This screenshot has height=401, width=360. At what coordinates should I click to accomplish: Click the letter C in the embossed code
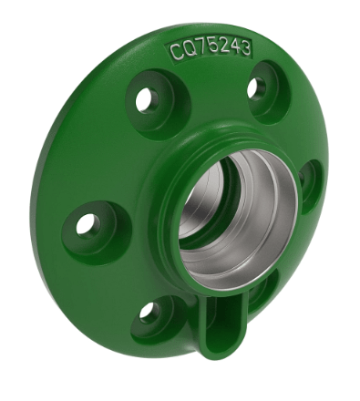pyautogui.click(x=177, y=52)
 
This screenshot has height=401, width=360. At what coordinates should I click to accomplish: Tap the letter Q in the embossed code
pyautogui.click(x=189, y=50)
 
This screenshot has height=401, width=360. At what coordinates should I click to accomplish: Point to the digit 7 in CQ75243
pyautogui.click(x=201, y=48)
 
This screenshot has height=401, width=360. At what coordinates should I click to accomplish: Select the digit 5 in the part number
pyautogui.click(x=211, y=47)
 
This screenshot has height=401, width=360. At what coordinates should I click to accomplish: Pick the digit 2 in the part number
pyautogui.click(x=222, y=46)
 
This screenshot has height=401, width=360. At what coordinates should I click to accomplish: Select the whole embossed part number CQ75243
pyautogui.click(x=211, y=48)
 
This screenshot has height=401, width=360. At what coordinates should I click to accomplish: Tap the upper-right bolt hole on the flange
pyautogui.click(x=259, y=87)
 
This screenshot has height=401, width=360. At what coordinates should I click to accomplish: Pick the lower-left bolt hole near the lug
pyautogui.click(x=149, y=313)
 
